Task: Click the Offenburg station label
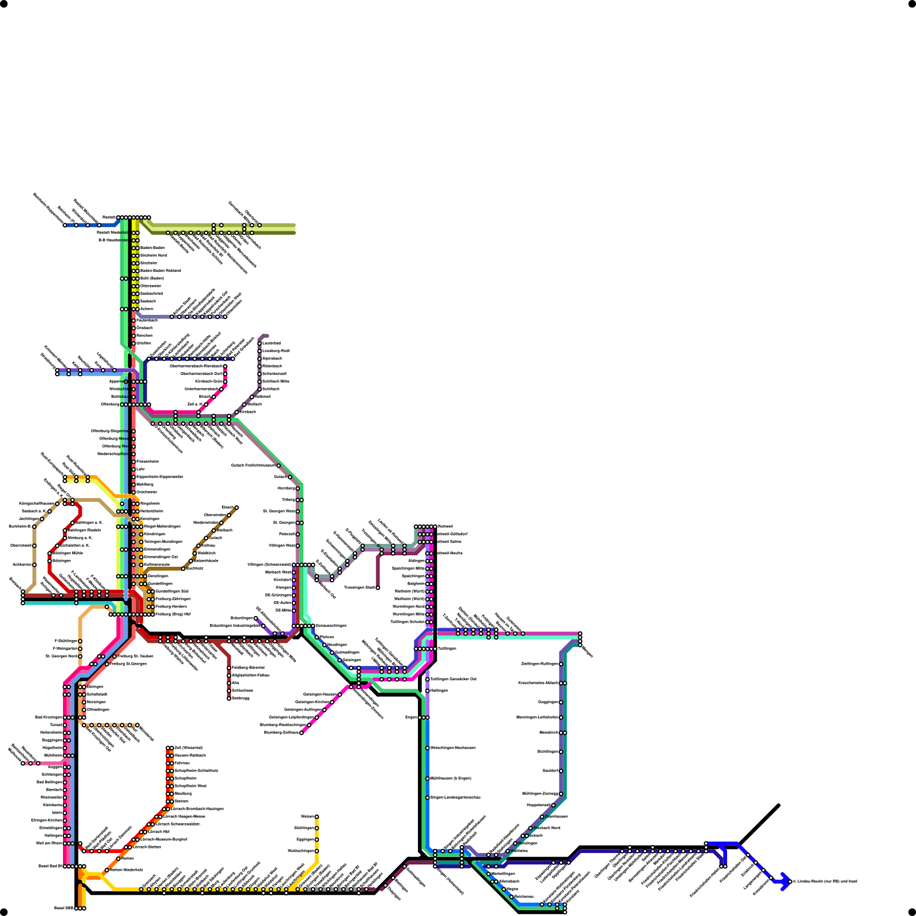[x=110, y=405]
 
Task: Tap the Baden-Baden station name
[x=152, y=248]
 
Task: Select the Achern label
[x=147, y=309]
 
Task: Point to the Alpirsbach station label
[x=272, y=358]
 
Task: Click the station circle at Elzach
[x=236, y=507]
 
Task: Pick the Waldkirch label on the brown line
[x=206, y=553]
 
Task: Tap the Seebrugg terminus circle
[x=229, y=698]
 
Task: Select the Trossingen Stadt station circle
[x=378, y=587]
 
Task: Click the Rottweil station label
[x=445, y=526]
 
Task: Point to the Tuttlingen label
[x=447, y=649]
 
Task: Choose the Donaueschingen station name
[x=330, y=626]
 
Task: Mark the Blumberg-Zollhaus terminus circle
[x=302, y=732]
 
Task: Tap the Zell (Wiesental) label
[x=188, y=748]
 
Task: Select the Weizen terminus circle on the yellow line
[x=317, y=816]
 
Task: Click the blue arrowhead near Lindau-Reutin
[x=786, y=881]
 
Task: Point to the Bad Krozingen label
[x=48, y=717]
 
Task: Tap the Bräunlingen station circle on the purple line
[x=256, y=618]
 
